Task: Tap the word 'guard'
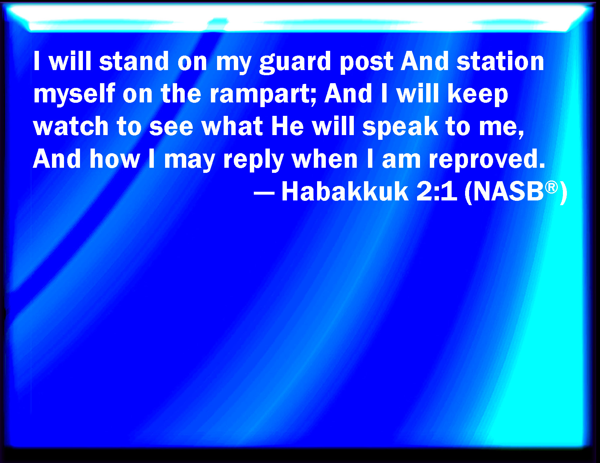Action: (x=295, y=62)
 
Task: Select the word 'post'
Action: (x=367, y=63)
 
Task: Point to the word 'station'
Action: (x=500, y=61)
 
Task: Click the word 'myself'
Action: (x=74, y=94)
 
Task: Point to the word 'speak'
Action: (x=400, y=127)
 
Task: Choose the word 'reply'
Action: (x=253, y=161)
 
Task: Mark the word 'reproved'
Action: (x=487, y=161)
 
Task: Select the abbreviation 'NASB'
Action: (x=509, y=192)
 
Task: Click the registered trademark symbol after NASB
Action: (x=551, y=187)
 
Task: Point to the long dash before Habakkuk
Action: (x=264, y=193)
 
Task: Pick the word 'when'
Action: (x=325, y=158)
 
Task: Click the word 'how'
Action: (x=115, y=158)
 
